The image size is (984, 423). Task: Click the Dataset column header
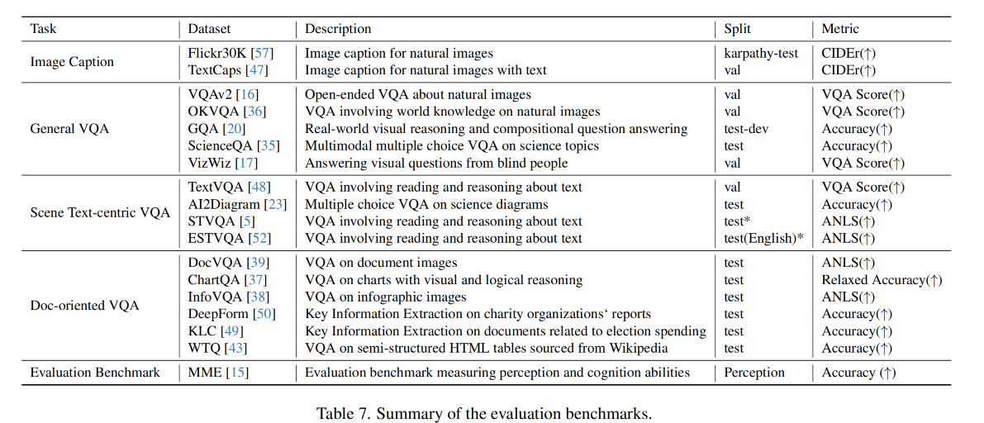pyautogui.click(x=209, y=28)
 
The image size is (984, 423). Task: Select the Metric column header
pyautogui.click(x=840, y=28)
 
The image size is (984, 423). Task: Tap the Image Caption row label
pyautogui.click(x=72, y=62)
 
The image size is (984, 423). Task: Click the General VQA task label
pyautogui.click(x=69, y=129)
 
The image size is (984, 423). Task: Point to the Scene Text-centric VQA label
pyautogui.click(x=100, y=213)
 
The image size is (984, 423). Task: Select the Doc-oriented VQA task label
pyautogui.click(x=84, y=306)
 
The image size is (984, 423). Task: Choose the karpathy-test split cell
pyautogui.click(x=761, y=53)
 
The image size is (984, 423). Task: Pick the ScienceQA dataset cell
pyautogui.click(x=220, y=146)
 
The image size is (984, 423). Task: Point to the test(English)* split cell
pyautogui.click(x=764, y=239)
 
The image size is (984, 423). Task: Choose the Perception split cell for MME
pyautogui.click(x=754, y=373)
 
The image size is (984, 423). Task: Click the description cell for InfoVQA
pyautogui.click(x=386, y=297)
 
